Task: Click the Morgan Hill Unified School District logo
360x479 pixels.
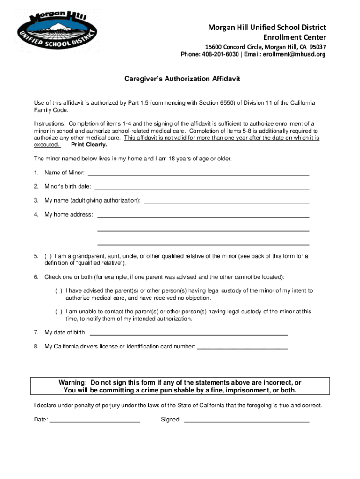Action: [x=57, y=31]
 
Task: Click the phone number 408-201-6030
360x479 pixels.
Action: [x=219, y=54]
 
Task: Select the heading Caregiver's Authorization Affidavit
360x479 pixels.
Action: [x=182, y=79]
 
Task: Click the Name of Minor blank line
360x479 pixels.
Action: [x=202, y=174]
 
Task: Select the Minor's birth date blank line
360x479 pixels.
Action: [x=202, y=187]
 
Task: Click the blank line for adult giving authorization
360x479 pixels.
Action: [x=227, y=201]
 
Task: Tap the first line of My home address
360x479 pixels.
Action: [x=203, y=215]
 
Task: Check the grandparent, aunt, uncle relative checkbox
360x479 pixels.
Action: [x=48, y=256]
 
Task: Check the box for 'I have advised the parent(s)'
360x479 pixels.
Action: [x=59, y=291]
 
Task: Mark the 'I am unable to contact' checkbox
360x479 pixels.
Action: [x=59, y=312]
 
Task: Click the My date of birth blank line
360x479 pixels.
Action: [x=188, y=334]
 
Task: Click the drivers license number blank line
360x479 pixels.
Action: [x=243, y=348]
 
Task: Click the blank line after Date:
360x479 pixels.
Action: [x=94, y=421]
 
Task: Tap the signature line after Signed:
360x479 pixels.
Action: [x=246, y=421]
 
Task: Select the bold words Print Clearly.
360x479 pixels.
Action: [x=89, y=145]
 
